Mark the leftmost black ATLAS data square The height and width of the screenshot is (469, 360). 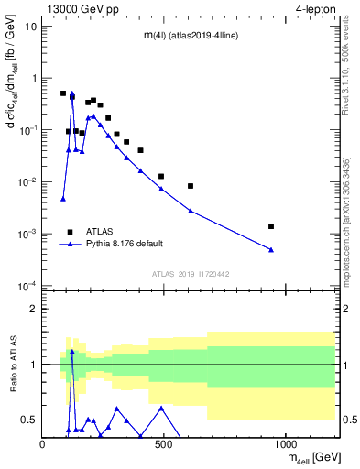[63, 93]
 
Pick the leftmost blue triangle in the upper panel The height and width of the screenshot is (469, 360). [63, 198]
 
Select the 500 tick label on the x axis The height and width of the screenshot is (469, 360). [164, 445]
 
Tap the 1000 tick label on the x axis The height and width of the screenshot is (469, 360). [286, 445]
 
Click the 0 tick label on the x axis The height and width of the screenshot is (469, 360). [42, 445]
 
